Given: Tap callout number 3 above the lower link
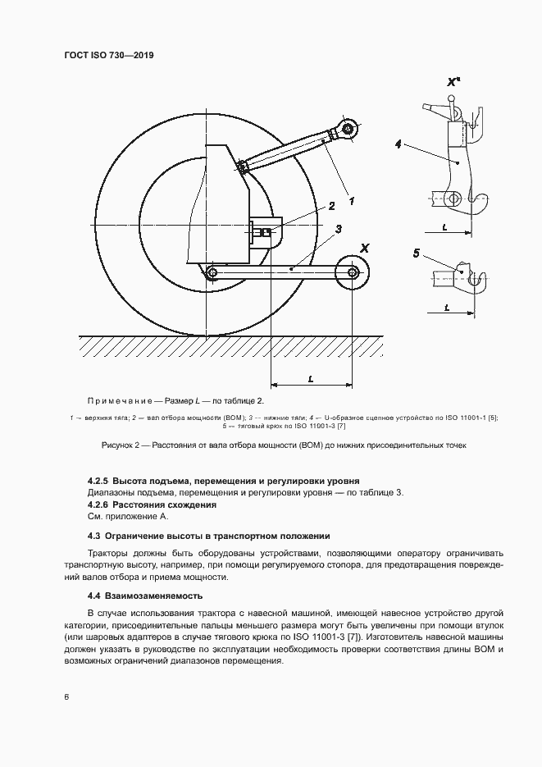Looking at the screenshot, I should click(x=338, y=228).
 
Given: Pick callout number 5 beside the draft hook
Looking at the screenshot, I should click(x=416, y=254).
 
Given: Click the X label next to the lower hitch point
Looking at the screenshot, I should click(x=365, y=248).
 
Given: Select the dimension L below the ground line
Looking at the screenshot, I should click(x=312, y=379).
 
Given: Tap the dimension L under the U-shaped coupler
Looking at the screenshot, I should click(x=444, y=226).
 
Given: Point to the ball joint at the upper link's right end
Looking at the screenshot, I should click(x=348, y=129).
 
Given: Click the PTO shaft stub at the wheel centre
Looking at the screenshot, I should click(x=265, y=233).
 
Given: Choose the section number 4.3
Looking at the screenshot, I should click(x=94, y=536).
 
